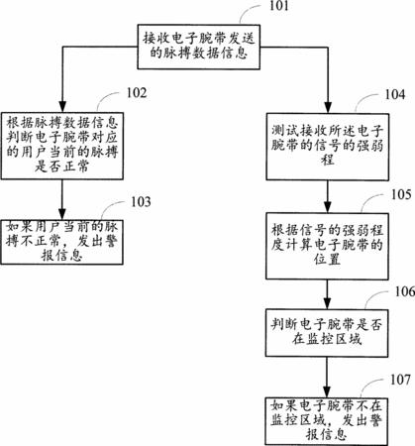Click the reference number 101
pos(279,6)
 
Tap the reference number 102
pos(137,93)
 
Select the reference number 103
pos(141,201)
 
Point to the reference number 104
pos(395,94)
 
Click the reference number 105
pos(401,194)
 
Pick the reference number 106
pos(405,291)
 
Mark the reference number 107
pos(400,380)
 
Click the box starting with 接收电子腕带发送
pos(199,47)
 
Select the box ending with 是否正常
pos(62,146)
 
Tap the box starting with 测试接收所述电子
pos(328,147)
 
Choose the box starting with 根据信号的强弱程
pos(327,246)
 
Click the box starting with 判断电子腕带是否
pos(327,333)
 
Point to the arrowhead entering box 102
pos(62,106)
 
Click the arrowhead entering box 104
pos(328,107)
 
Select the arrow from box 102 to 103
pos(62,199)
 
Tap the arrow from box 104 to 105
pos(328,196)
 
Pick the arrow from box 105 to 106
pos(327,294)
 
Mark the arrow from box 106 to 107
pos(327,377)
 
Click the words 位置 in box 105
pos(327,260)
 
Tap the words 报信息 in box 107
pos(326,434)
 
